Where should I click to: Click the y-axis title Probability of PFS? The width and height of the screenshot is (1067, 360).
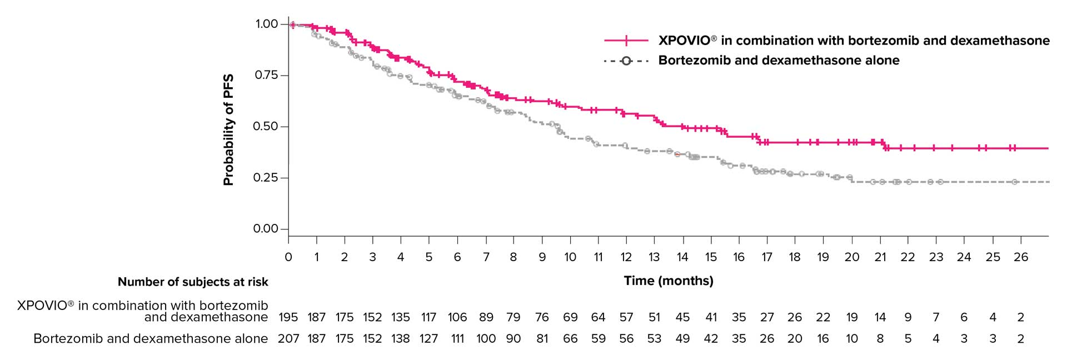[228, 129]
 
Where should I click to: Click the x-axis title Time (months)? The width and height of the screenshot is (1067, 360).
[668, 281]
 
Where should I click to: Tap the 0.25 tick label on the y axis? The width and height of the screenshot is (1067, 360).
[265, 178]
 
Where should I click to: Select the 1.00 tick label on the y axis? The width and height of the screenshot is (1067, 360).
[266, 24]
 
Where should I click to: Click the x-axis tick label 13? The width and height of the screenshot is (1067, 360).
[654, 257]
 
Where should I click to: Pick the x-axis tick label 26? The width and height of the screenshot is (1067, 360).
[1021, 257]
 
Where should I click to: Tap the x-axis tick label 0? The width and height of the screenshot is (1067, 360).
[288, 257]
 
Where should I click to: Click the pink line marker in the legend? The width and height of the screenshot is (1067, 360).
[626, 41]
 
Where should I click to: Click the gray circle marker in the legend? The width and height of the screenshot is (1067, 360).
[626, 61]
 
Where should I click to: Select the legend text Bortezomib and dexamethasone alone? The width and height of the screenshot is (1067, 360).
[779, 61]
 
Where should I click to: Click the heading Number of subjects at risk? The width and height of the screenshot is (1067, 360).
[193, 282]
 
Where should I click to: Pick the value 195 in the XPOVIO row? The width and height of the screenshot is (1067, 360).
[288, 317]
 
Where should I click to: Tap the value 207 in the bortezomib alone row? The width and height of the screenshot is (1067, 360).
[288, 339]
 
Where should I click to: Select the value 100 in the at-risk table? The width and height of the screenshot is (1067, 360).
[486, 339]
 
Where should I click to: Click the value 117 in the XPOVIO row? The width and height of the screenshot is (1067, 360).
[428, 317]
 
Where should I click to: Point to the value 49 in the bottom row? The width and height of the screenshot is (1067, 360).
[682, 339]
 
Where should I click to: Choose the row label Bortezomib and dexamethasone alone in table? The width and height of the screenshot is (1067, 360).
[151, 339]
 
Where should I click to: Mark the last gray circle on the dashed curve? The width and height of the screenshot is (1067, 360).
[1014, 182]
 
